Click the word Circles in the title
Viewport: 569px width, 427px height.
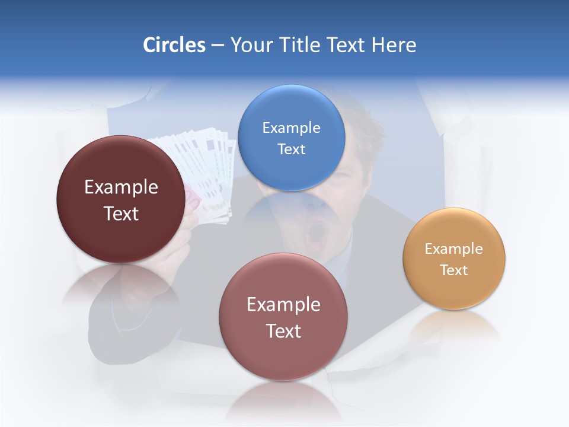click(x=174, y=45)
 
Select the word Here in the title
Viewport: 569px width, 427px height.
click(x=394, y=45)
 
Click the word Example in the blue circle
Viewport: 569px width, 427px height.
click(x=291, y=128)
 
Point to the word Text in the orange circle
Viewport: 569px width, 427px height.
click(x=454, y=270)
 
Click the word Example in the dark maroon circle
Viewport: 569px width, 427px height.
click(x=121, y=187)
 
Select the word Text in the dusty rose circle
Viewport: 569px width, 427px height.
click(x=283, y=331)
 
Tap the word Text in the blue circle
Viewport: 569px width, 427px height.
click(x=291, y=149)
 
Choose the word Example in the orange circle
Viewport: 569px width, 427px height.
click(x=454, y=249)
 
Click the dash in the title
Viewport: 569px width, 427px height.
click(x=218, y=46)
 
